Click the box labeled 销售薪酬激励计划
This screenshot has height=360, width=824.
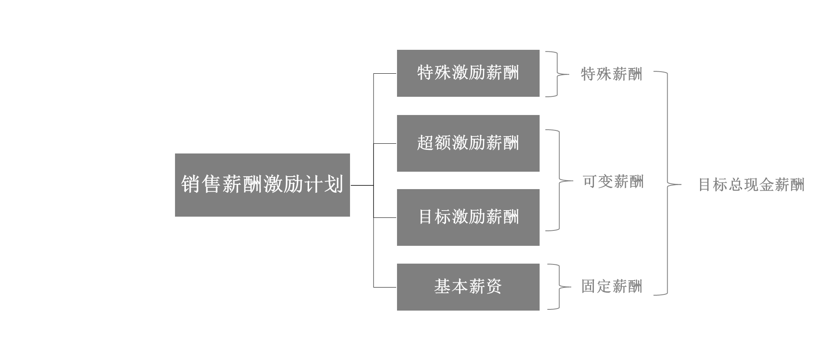pyautogui.click(x=262, y=185)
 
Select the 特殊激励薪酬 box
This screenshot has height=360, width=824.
pyautogui.click(x=468, y=73)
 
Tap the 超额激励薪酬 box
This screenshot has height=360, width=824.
pyautogui.click(x=468, y=143)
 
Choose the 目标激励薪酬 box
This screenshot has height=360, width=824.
pyautogui.click(x=468, y=217)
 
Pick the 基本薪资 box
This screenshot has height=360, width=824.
pyautogui.click(x=468, y=287)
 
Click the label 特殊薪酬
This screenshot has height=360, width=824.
pyautogui.click(x=611, y=75)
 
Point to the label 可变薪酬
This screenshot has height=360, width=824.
pyautogui.click(x=613, y=182)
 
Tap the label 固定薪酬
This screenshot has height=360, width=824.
pyautogui.click(x=611, y=287)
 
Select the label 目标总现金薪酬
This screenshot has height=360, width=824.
pyautogui.click(x=751, y=185)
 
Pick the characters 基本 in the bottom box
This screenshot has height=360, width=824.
pyautogui.click(x=451, y=287)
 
